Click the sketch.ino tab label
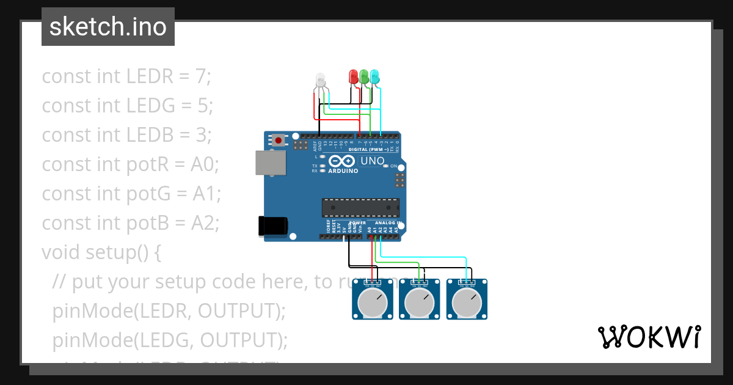[108, 27]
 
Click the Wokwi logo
[649, 337]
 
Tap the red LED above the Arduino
[353, 76]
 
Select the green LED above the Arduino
[364, 76]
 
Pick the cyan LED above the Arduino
[374, 76]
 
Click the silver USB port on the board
[270, 163]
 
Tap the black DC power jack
[272, 226]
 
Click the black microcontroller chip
[360, 208]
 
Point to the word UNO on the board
[373, 161]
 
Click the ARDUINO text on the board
[343, 171]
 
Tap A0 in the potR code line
[205, 164]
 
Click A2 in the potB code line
[206, 223]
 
